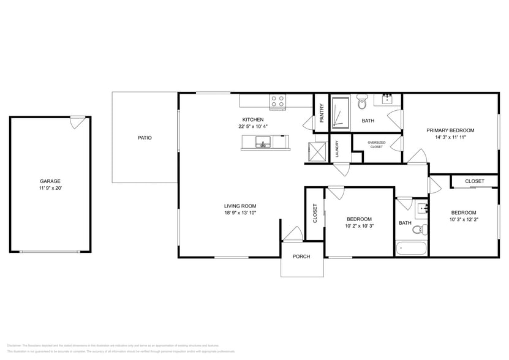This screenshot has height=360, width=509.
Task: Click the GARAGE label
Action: pyautogui.click(x=50, y=181)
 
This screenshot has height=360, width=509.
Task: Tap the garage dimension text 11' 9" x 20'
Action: pyautogui.click(x=50, y=189)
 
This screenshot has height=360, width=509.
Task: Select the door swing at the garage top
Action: pyautogui.click(x=77, y=122)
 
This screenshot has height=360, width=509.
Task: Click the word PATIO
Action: pyautogui.click(x=145, y=138)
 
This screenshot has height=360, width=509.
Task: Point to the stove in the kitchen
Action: pyautogui.click(x=277, y=102)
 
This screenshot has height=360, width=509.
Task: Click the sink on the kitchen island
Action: pyautogui.click(x=264, y=144)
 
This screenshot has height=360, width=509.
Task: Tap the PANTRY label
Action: pyautogui.click(x=322, y=112)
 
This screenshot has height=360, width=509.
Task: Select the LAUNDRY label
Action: pyautogui.click(x=336, y=150)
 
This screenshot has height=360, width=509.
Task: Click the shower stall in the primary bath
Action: pyautogui.click(x=340, y=113)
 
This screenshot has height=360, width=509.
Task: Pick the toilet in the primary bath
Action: pyautogui.click(x=361, y=102)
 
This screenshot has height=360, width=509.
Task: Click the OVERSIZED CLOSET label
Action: pyautogui.click(x=376, y=144)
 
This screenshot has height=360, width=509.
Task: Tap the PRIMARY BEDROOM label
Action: pyautogui.click(x=450, y=130)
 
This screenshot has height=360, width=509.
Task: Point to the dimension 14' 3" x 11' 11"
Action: pyautogui.click(x=450, y=138)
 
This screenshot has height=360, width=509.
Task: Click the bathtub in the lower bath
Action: pyautogui.click(x=411, y=249)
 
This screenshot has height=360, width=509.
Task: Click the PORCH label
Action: pyautogui.click(x=301, y=257)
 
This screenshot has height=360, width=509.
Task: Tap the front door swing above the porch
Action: pyautogui.click(x=293, y=234)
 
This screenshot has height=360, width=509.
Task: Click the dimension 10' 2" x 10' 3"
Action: pyautogui.click(x=359, y=226)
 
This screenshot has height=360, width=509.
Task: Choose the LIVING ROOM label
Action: pyautogui.click(x=239, y=206)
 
